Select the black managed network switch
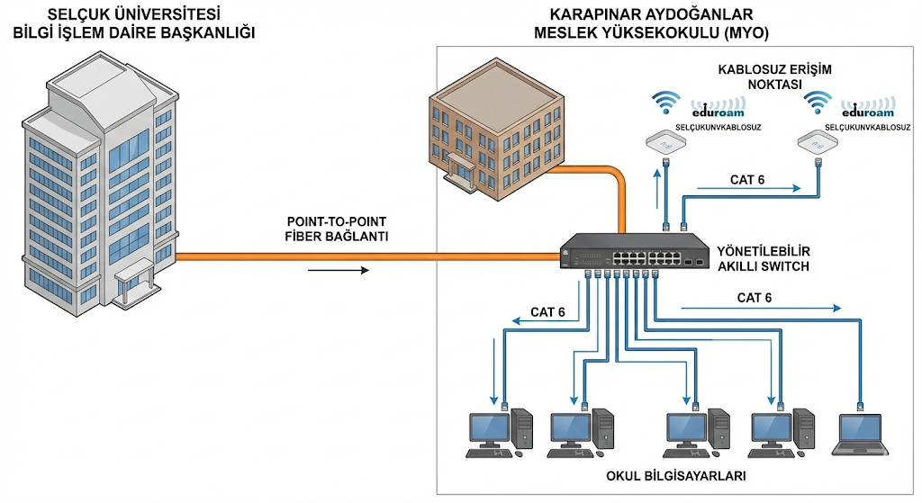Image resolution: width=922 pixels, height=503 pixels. (634, 251)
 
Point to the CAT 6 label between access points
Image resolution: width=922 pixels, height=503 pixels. (746, 180)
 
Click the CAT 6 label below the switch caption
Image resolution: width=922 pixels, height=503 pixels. (755, 298)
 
